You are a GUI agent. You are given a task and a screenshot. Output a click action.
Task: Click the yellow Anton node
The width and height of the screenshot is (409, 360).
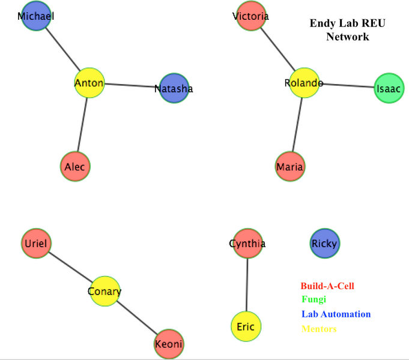(89, 83)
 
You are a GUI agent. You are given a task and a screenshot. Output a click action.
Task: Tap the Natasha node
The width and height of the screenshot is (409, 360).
(174, 89)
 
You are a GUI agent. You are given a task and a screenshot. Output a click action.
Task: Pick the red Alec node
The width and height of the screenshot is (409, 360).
(75, 167)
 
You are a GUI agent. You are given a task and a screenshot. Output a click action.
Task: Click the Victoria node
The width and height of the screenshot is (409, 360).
(251, 16)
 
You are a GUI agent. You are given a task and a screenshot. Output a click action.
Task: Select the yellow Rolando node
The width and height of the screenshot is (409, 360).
(303, 83)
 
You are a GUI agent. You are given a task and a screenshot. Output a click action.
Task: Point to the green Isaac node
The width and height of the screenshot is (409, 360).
(389, 88)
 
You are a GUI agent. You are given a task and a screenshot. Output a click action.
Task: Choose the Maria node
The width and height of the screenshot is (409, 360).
(290, 166)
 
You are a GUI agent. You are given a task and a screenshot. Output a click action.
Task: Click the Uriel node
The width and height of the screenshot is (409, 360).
(36, 244)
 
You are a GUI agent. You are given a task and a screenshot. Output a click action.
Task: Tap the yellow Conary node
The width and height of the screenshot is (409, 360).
(105, 292)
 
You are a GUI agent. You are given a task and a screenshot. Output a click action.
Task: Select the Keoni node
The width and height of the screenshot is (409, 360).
(168, 344)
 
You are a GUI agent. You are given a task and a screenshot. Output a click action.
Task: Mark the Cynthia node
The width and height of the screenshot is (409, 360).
(247, 244)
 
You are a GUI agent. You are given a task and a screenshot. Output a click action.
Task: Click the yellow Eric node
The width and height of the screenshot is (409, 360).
(246, 327)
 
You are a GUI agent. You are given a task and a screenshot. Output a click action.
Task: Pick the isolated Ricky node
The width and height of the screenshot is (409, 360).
(324, 244)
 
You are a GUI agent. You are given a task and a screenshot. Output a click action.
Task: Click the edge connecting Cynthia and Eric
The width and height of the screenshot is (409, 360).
(247, 285)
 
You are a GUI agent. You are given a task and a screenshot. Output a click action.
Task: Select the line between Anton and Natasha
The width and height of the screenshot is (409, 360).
(132, 86)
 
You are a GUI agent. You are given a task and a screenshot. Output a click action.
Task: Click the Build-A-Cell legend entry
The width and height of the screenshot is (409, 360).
(327, 286)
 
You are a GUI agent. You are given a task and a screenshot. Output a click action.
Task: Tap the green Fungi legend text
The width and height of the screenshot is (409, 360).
(314, 299)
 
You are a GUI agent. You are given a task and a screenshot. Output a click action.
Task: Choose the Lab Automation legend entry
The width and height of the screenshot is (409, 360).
(336, 314)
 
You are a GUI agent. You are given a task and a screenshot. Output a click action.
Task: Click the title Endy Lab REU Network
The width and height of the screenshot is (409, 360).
(347, 30)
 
